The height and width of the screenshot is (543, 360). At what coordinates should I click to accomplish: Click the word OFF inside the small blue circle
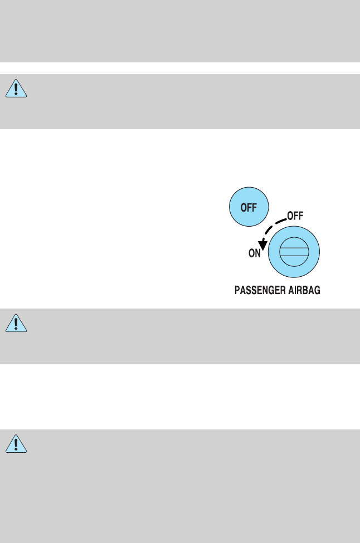pyautogui.click(x=249, y=207)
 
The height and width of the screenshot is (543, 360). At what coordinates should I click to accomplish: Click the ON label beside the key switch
pyautogui.click(x=255, y=254)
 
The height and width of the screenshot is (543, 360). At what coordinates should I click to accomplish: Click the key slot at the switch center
pyautogui.click(x=294, y=253)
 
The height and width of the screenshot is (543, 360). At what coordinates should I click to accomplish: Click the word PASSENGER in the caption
pyautogui.click(x=262, y=291)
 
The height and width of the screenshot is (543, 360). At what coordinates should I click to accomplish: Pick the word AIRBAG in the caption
pyautogui.click(x=306, y=291)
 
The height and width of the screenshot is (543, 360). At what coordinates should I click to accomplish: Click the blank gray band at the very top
pyautogui.click(x=180, y=31)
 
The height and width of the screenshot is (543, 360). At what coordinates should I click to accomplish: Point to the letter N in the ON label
pyautogui.click(x=259, y=254)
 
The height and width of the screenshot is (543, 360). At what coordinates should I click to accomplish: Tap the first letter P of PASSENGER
pyautogui.click(x=236, y=291)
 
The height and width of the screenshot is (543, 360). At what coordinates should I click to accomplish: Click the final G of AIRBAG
pyautogui.click(x=318, y=291)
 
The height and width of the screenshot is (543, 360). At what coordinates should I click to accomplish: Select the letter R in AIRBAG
pyautogui.click(x=304, y=291)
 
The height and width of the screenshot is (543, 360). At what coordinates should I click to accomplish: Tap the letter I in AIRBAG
pyautogui.click(x=299, y=291)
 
